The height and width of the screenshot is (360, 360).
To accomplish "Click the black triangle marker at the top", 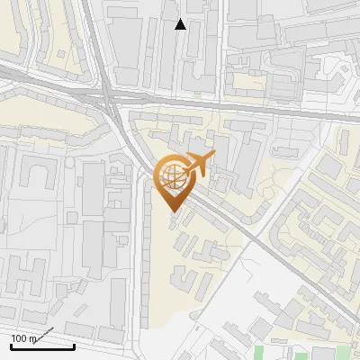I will click(181, 24).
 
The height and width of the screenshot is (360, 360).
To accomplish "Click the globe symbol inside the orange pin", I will click(170, 176).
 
